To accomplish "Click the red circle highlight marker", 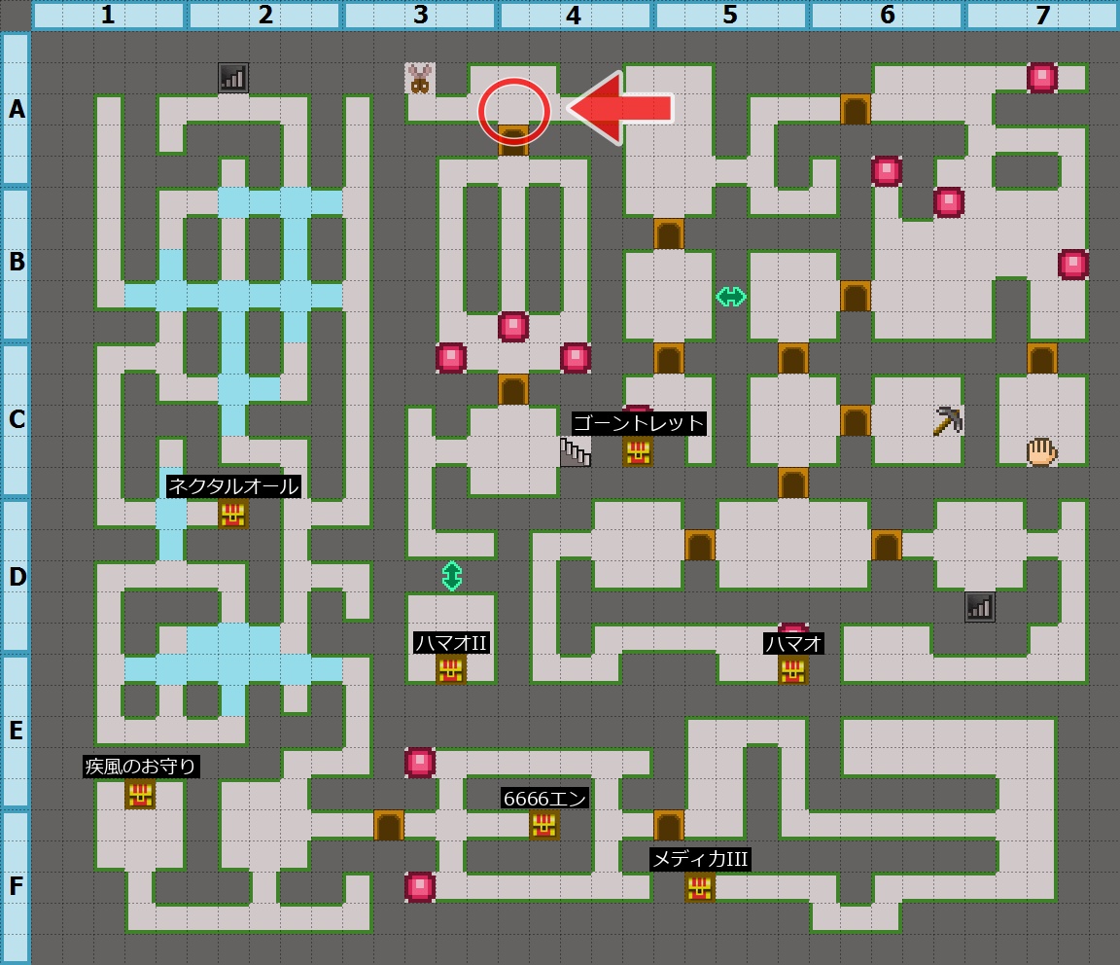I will pos(513,111).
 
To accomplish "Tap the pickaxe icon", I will pos(948,420).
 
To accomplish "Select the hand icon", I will pos(1041,451).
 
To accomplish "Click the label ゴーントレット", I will pos(638,423).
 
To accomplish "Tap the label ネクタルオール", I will pos(233,485).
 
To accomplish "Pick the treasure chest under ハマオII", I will pos(451,669).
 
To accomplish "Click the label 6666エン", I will pos(544,798).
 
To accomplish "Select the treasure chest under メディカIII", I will pos(700,887).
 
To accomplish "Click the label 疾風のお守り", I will pos(141,766).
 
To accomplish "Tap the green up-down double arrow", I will pos(451,576).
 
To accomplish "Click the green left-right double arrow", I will pos(731,297).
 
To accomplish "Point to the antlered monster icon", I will pos(420,79).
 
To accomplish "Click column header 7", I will pos(1042,16).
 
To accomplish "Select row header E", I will pos(16,732).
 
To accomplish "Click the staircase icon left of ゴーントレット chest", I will pos(575,451).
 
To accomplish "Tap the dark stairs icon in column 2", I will pos(233,78).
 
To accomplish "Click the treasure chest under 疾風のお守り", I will pos(140,794).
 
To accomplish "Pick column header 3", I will pos(420,16).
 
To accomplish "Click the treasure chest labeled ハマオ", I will pos(793,669).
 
